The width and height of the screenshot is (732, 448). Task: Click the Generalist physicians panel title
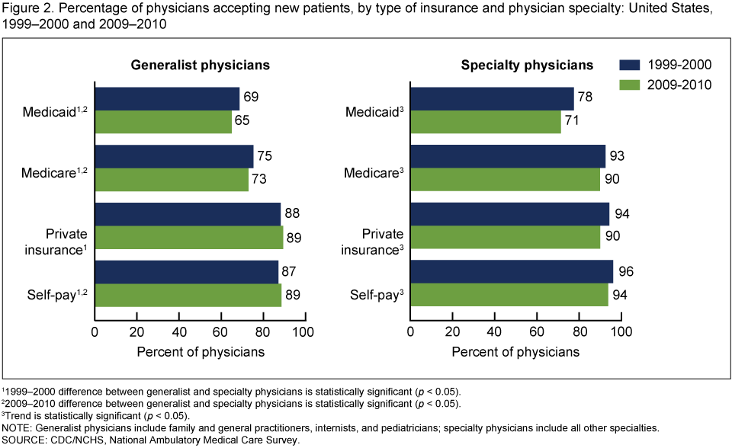tap(200, 66)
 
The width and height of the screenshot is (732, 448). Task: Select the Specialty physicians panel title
tap(516, 66)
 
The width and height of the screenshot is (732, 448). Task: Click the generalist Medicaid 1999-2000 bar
tap(167, 98)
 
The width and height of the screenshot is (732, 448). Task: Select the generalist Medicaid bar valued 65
tap(163, 122)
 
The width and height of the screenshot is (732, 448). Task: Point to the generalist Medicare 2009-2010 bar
tap(172, 180)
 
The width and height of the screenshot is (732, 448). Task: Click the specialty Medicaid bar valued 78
tap(493, 98)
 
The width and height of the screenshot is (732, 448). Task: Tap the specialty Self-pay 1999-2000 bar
tap(512, 272)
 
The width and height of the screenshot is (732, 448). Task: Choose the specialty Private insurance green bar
tap(506, 238)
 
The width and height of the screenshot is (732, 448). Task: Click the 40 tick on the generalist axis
tap(179, 332)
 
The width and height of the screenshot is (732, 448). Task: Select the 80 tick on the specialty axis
tap(579, 332)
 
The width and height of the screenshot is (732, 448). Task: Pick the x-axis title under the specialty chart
tap(515, 351)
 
